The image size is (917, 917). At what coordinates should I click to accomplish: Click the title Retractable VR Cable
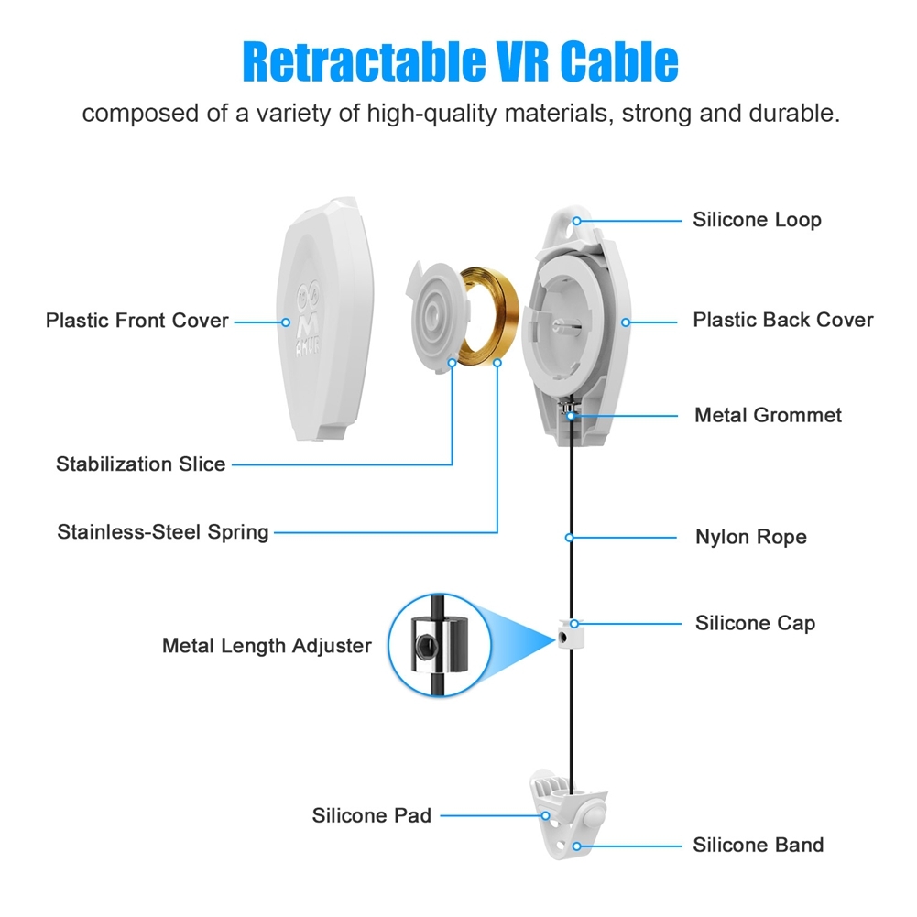pos(460,61)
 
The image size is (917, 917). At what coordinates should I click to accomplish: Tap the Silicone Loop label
pos(757,220)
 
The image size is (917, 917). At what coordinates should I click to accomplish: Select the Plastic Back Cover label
pos(783,320)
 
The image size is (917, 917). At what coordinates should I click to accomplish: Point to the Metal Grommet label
pos(768,415)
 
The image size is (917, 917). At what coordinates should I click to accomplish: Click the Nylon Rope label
pos(751,537)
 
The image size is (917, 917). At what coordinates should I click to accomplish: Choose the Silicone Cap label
pos(755,624)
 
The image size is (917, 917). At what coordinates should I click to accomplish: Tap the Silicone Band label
pos(758,845)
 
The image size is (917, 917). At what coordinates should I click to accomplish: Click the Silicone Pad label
pos(371,815)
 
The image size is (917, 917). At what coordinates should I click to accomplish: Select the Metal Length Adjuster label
pos(267,646)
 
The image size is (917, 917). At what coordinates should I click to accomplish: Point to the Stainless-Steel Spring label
pos(162,532)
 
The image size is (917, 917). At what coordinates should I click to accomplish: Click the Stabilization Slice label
pos(140,464)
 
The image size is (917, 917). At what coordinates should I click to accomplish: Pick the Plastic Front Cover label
pos(136,321)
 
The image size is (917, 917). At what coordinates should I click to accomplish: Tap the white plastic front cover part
pos(324,319)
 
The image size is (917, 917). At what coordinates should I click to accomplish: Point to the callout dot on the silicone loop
pos(576,221)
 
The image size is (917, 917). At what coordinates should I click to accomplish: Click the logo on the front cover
pos(308,320)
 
